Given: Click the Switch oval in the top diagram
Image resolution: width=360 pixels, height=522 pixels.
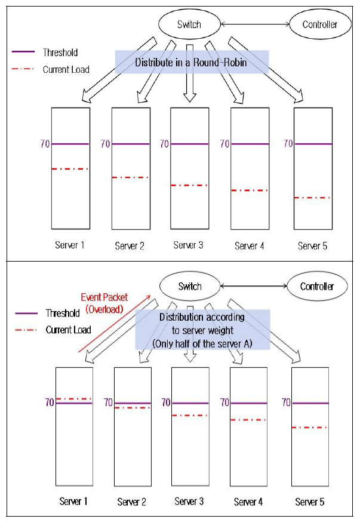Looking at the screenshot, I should [189, 24].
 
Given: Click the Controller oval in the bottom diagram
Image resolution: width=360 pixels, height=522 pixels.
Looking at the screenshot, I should [316, 287].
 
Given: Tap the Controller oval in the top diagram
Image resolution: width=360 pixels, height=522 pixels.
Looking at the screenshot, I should [319, 24].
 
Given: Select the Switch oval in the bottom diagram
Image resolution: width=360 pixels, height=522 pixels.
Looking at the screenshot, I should [190, 287].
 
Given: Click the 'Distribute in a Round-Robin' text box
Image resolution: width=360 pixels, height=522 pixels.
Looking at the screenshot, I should [192, 62].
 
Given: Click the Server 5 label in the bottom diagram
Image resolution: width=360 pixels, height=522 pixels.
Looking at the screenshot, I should [310, 502].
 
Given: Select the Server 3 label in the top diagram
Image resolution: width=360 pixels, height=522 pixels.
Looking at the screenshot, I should [189, 245].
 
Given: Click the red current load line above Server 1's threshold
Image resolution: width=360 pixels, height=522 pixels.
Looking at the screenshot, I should [74, 398].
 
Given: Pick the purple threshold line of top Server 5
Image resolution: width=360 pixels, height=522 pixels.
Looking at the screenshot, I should [313, 144].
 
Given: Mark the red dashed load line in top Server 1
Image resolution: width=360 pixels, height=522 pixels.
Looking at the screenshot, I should [70, 169].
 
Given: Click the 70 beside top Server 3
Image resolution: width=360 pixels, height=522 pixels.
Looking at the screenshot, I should [165, 144].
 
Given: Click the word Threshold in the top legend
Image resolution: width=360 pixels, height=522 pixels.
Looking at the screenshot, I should [60, 53].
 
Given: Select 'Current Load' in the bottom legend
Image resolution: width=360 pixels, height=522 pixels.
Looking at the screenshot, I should [68, 330].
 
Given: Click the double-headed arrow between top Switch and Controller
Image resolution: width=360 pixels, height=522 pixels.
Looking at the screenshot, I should [255, 24].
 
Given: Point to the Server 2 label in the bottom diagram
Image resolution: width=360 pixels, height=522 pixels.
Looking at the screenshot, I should [132, 502].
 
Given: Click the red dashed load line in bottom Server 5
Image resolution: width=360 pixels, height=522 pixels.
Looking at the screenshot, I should [310, 428].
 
